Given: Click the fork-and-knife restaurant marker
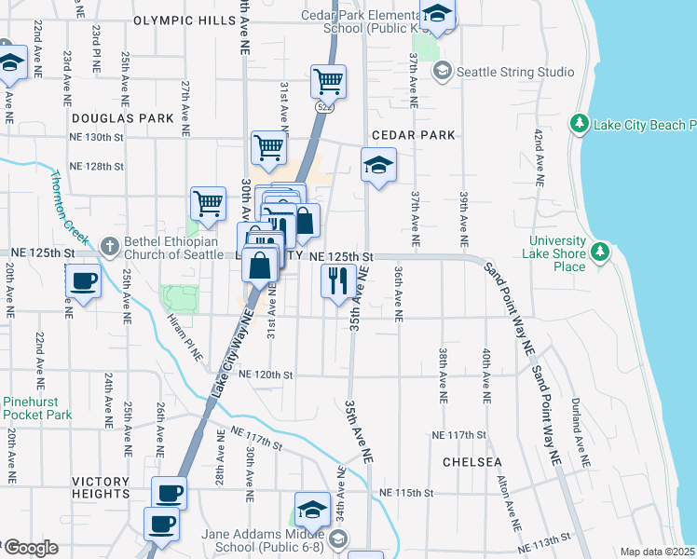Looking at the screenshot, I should click(338, 279).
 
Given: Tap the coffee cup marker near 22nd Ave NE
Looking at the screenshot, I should click(83, 280).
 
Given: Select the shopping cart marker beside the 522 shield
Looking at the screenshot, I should click(328, 82).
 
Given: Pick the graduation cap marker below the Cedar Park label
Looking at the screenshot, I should click(378, 166).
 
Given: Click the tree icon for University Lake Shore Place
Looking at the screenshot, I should click(601, 250).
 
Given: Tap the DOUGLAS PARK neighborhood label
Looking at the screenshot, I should click(122, 118).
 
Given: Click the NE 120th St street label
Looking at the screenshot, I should click(266, 375).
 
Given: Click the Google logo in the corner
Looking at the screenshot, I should click(31, 549).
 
